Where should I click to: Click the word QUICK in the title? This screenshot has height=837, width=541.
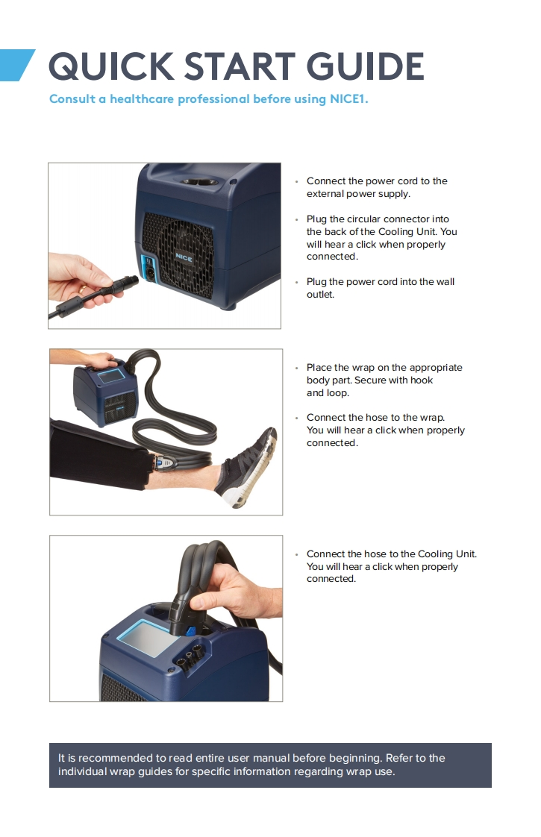point(111,66)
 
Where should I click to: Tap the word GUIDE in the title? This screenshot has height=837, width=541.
point(366,66)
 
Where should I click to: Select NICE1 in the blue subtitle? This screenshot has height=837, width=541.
point(348,98)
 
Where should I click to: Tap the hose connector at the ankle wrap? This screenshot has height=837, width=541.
point(164,462)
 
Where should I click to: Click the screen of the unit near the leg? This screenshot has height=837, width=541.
point(111,376)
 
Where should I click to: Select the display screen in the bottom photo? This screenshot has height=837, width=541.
point(151,639)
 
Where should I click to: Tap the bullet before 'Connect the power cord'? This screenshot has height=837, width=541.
point(296,181)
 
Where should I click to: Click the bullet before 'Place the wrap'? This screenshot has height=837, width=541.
point(296,368)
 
